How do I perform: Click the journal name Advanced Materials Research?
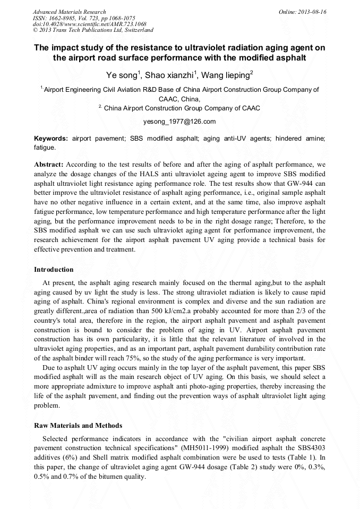coord(69,12)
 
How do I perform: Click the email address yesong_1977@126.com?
coord(179,122)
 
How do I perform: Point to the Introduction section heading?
coord(54,270)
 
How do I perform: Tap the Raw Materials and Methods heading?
coord(78,426)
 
